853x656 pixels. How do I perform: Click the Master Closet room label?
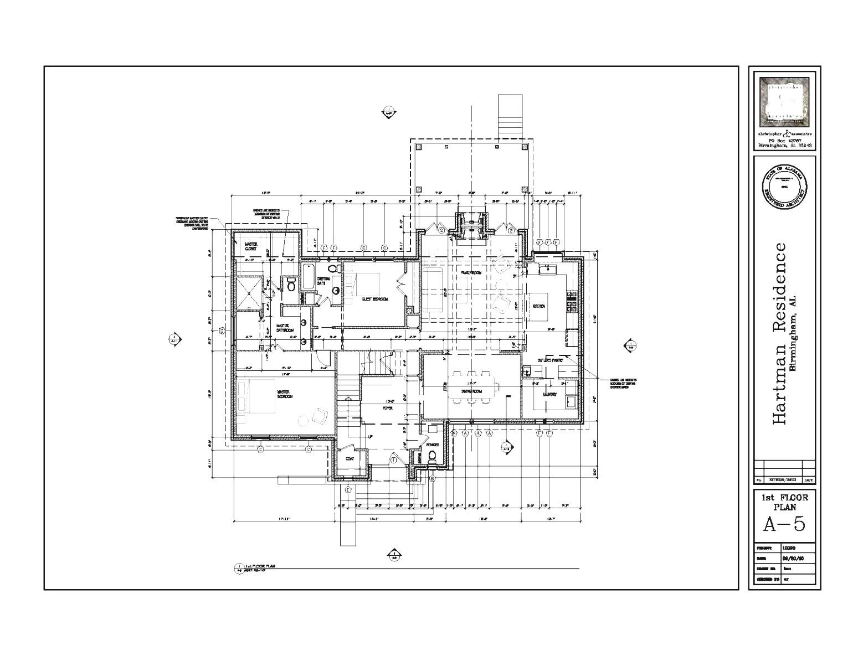pos(251,246)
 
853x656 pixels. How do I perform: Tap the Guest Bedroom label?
pos(375,299)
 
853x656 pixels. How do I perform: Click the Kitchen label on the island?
pos(538,306)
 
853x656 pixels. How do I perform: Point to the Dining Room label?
pos(471,391)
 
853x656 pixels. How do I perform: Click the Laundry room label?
pos(549,394)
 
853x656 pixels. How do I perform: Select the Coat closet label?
pos(350,459)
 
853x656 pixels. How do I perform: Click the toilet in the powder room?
pos(433,456)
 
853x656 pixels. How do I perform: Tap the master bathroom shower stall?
pos(248,293)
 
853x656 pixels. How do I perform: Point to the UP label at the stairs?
pos(370,437)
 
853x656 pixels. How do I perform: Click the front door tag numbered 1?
pos(394,459)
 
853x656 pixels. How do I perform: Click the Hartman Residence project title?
pos(779,334)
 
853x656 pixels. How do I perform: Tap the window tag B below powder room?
pos(433,478)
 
